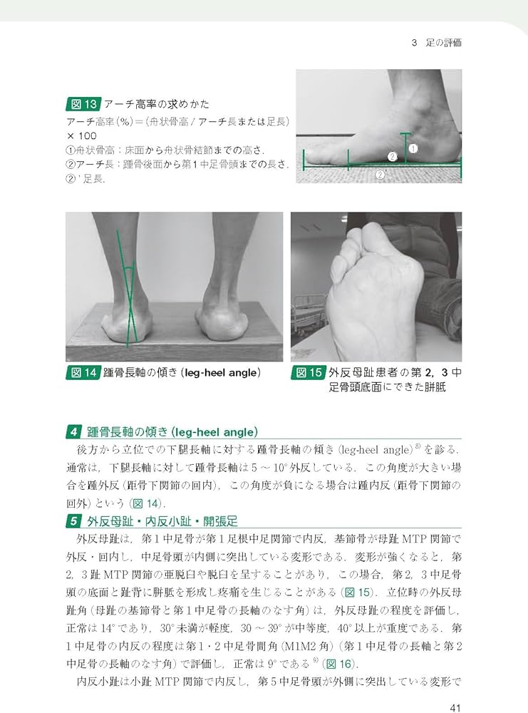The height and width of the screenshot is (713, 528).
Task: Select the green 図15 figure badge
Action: point(308,373)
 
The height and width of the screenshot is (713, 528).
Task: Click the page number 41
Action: point(455,708)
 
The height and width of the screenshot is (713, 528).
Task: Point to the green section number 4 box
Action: point(73,432)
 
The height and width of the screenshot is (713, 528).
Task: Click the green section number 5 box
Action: point(73,521)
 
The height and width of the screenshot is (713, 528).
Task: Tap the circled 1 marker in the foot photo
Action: point(413,148)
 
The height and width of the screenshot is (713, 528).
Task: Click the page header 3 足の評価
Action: point(436,43)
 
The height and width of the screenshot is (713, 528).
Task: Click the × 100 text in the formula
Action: point(82,135)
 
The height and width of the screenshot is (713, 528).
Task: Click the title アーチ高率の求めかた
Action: point(157,104)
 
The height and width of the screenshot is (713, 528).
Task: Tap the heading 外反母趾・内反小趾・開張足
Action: point(162,521)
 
